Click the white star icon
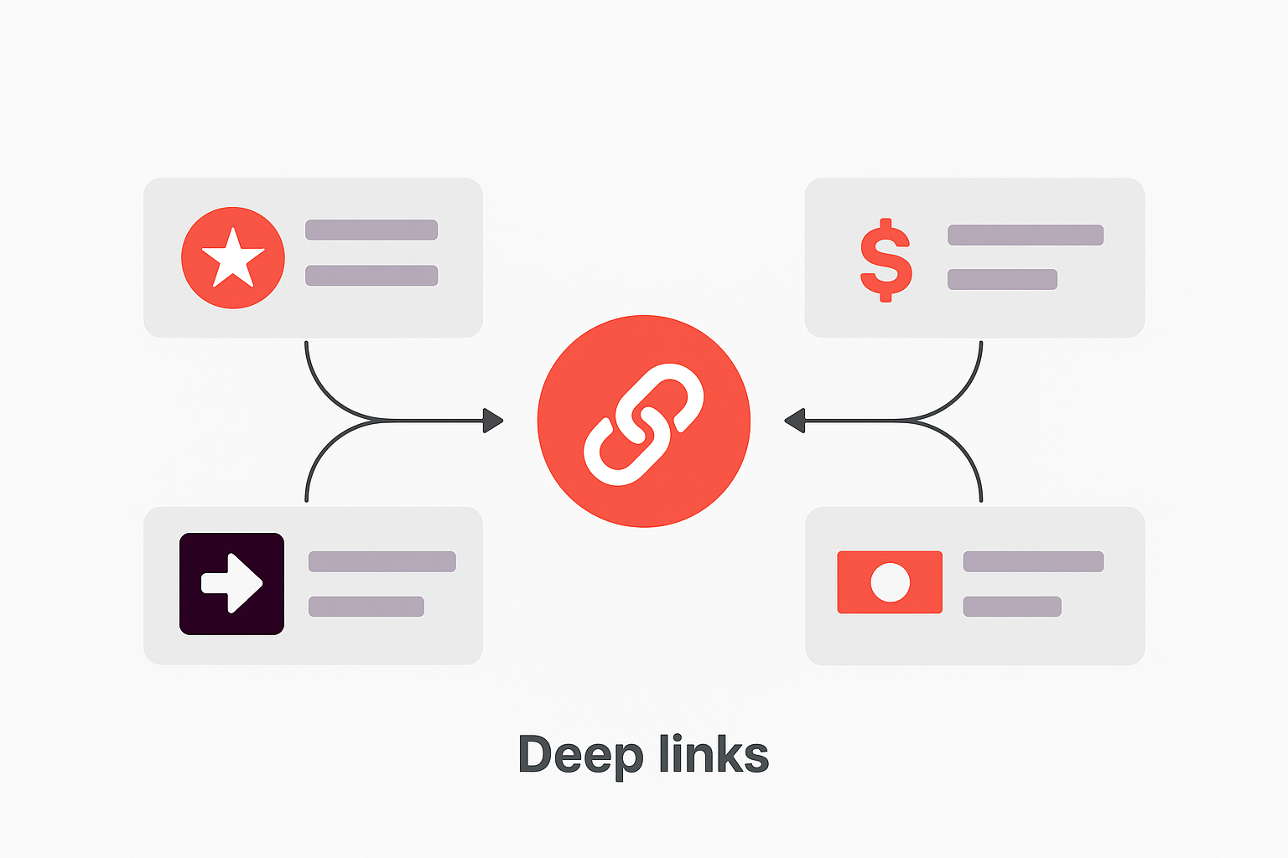(233, 259)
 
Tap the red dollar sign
(885, 260)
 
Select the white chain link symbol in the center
(643, 423)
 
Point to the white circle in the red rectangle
(890, 582)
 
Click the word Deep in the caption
(580, 755)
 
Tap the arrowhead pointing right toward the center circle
(493, 420)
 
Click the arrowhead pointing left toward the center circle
(794, 420)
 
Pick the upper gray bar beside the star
(371, 230)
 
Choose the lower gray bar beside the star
(371, 276)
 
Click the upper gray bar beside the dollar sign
(1025, 235)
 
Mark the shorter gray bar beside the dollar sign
(1002, 279)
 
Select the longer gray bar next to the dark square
(382, 561)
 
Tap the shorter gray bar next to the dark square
(366, 606)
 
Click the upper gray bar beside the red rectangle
(1033, 561)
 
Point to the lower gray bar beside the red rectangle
(1012, 606)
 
